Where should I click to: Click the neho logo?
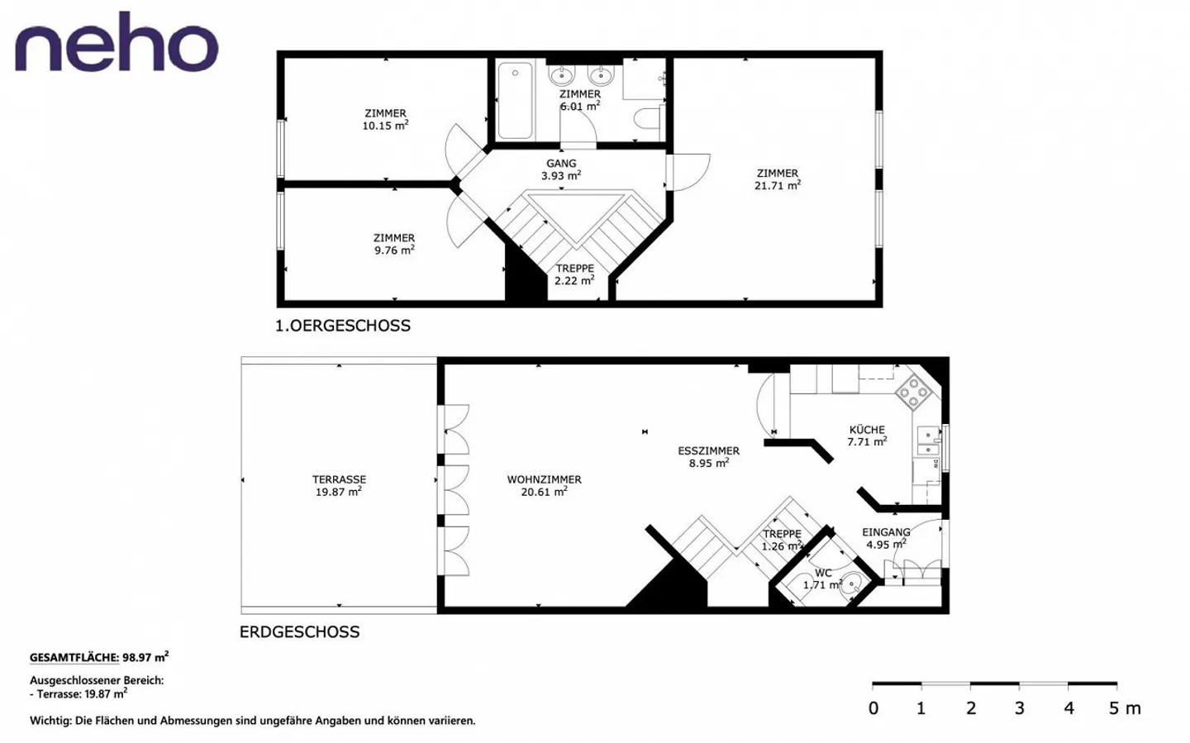tap(117, 43)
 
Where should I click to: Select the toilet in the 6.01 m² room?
tap(649, 119)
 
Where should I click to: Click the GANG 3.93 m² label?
tap(561, 169)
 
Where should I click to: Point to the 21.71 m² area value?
tap(777, 186)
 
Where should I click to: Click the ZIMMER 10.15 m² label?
tap(385, 120)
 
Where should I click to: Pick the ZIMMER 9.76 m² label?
tap(394, 244)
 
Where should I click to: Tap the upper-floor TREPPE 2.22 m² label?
tap(574, 274)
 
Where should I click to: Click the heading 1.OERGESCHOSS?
tap(343, 326)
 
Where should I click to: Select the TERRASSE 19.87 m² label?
tap(339, 485)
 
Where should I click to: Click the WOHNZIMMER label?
tap(544, 479)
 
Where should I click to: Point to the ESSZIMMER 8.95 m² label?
tap(708, 457)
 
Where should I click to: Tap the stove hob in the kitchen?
tap(914, 392)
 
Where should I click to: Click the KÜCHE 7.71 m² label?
tap(867, 436)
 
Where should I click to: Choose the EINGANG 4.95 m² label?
tap(886, 538)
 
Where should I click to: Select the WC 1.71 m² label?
tap(823, 579)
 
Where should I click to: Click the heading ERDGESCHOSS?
tap(299, 632)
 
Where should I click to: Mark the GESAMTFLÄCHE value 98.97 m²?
tap(145, 658)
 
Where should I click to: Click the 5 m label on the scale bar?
tap(1124, 708)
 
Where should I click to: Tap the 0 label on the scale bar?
tap(873, 708)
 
